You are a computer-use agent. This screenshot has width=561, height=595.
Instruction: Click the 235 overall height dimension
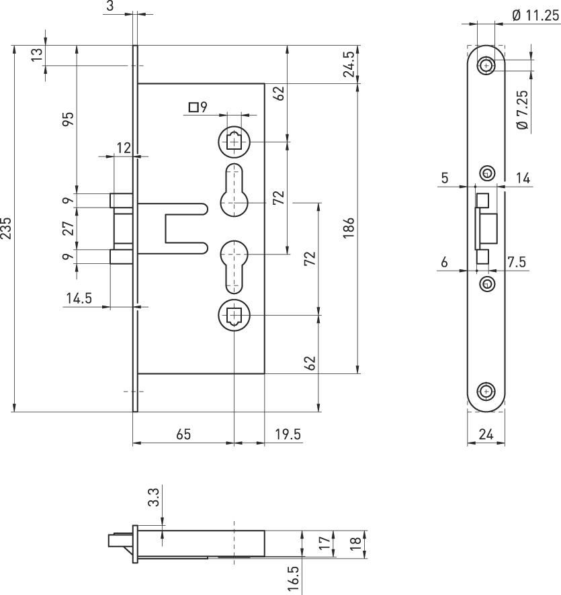coord(6,228)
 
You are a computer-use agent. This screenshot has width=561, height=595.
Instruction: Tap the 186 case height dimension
coord(348,228)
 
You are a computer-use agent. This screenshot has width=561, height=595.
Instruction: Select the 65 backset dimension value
coord(183,434)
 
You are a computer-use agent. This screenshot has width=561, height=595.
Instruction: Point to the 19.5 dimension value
coord(288,434)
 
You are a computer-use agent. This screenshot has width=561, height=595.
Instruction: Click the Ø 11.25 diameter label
coord(535,15)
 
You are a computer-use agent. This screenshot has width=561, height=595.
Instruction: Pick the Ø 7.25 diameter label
coord(523,109)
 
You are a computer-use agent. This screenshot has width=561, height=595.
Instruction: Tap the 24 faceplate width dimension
coord(486,434)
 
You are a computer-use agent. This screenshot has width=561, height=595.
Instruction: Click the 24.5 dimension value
coord(349,64)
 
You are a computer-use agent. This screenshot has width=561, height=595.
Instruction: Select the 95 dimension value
coord(68,119)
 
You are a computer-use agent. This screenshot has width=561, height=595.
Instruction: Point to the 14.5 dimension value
coord(79,298)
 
